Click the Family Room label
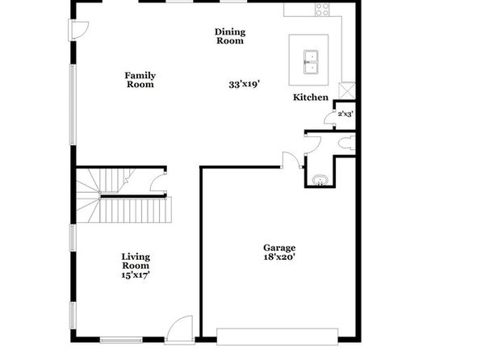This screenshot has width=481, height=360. click(x=140, y=80)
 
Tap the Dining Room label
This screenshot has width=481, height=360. click(x=230, y=36)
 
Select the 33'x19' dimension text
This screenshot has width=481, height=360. click(x=245, y=84)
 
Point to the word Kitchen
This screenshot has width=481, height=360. click(x=311, y=98)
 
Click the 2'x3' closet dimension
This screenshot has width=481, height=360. click(x=345, y=114)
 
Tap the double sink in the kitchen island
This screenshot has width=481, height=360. click(x=311, y=62)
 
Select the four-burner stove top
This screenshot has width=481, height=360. click(x=322, y=9)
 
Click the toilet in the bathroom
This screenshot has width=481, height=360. click(x=347, y=143)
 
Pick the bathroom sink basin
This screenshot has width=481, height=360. click(x=320, y=180)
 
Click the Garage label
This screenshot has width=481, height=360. click(x=279, y=248)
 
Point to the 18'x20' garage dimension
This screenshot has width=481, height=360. click(x=279, y=257)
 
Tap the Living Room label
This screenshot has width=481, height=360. click(x=136, y=262)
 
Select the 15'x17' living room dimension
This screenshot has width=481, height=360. click(x=136, y=274)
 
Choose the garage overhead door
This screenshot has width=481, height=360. click(x=278, y=337)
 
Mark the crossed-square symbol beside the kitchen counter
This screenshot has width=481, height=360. click(x=347, y=90)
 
